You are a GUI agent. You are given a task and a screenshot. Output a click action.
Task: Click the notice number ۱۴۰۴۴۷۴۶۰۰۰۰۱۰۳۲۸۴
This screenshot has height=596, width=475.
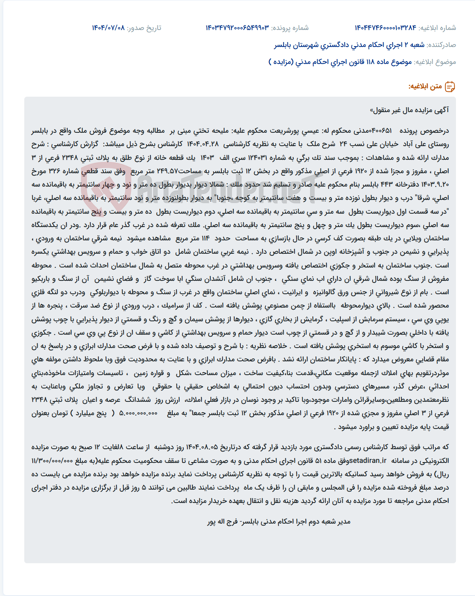[385, 28]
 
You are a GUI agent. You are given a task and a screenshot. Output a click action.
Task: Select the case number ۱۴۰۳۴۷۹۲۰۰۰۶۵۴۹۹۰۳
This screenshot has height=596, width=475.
[237, 28]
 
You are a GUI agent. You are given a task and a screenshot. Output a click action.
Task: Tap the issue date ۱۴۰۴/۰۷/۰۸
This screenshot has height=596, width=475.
[108, 28]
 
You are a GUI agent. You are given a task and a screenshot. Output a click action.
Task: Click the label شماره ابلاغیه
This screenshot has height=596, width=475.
[437, 28]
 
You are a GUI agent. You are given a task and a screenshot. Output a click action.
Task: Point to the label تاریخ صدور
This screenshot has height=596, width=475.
[144, 28]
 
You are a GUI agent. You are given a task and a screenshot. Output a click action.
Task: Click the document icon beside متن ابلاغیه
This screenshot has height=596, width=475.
[450, 86]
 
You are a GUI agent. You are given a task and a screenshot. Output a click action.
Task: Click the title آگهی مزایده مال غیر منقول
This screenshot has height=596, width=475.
[409, 110]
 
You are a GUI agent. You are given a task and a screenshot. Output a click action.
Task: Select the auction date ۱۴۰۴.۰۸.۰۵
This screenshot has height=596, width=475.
[201, 447]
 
